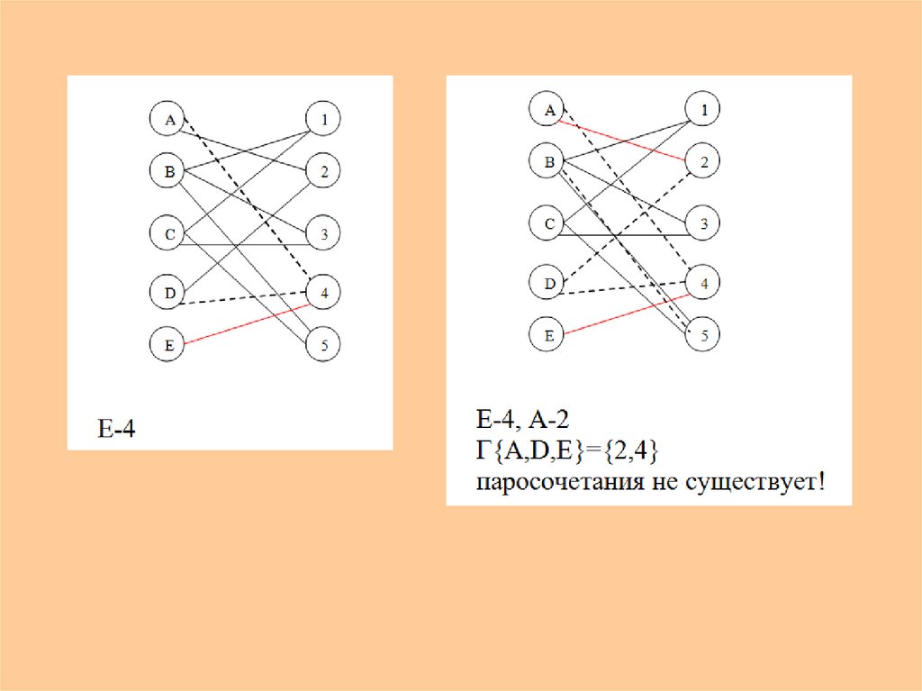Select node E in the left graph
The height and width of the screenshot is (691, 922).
point(167,344)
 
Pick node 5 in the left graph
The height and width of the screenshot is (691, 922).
point(323,344)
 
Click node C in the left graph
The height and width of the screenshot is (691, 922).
point(167,234)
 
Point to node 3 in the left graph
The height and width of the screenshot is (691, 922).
point(323,234)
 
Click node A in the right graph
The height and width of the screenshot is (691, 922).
point(547,111)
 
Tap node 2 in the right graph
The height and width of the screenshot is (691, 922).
point(703,162)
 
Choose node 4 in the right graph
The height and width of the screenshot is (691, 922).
point(703,283)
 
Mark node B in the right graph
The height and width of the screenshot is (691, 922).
point(547,162)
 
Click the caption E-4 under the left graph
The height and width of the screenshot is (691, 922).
point(117,429)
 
